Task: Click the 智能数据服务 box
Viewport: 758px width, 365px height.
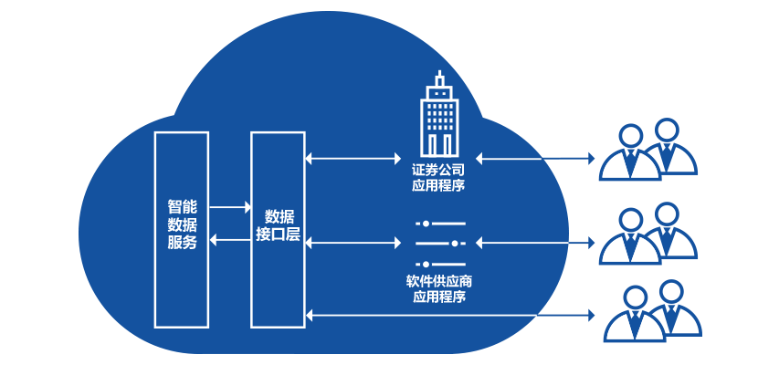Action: pyautogui.click(x=182, y=274)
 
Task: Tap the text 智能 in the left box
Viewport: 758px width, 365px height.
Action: pyautogui.click(x=182, y=206)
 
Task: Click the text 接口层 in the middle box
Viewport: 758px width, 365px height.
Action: pyautogui.click(x=279, y=235)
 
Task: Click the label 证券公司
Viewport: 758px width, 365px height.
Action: pyautogui.click(x=438, y=170)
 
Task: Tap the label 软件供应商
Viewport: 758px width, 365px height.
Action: pyautogui.click(x=438, y=280)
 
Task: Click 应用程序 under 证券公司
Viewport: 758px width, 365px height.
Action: pyautogui.click(x=438, y=186)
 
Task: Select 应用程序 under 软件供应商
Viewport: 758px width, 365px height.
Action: pyautogui.click(x=438, y=297)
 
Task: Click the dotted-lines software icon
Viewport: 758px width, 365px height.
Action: pyautogui.click(x=439, y=244)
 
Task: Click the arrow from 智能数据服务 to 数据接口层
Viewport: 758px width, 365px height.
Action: pyautogui.click(x=230, y=207)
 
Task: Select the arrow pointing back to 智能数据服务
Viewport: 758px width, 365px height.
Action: pyautogui.click(x=230, y=239)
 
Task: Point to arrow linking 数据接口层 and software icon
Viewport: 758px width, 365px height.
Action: pyautogui.click(x=353, y=243)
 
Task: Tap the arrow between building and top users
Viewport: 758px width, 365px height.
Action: pyautogui.click(x=535, y=159)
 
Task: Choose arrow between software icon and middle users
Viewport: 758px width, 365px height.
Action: pyautogui.click(x=535, y=243)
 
